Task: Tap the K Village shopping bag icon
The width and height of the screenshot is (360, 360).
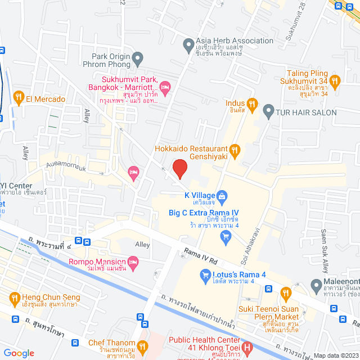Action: coord(222,196)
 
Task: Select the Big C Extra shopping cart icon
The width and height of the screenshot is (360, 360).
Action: coord(226,236)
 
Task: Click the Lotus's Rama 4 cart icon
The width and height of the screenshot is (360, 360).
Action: coord(205,275)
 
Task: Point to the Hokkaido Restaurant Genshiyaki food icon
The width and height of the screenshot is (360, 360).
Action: coord(235,150)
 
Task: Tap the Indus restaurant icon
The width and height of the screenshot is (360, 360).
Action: coord(253,104)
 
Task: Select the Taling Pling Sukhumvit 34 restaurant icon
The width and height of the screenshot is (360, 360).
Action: coord(335,82)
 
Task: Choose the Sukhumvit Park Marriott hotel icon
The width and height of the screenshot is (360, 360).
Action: coord(165,87)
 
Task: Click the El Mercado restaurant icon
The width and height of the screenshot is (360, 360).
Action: coord(19,98)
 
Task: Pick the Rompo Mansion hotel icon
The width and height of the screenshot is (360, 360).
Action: coord(133,262)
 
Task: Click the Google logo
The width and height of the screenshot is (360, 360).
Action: coord(19,353)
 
